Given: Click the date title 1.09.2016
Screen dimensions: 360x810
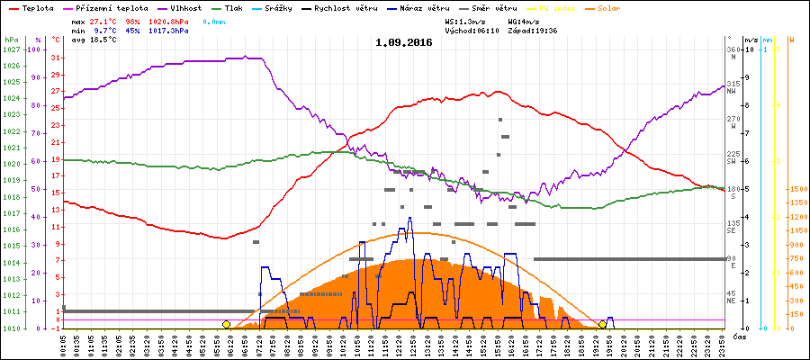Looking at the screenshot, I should (404, 42).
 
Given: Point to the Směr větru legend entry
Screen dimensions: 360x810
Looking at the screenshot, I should (490, 7).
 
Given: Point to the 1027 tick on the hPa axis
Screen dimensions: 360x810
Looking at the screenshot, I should (11, 49).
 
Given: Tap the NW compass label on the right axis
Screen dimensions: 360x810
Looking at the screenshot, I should (733, 91).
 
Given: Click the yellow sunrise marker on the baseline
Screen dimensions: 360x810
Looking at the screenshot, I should (226, 324).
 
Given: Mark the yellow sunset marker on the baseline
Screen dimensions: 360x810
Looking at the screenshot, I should (602, 324).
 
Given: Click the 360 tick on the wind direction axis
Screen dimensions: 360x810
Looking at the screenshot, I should (733, 49).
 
